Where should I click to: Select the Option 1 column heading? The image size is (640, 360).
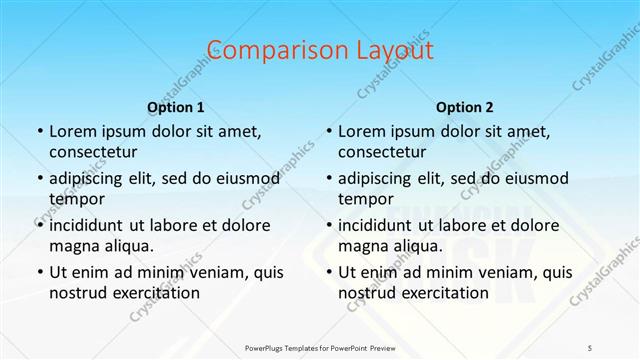176,107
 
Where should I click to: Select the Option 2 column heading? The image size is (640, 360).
465,107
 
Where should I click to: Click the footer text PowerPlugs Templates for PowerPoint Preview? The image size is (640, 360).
320,345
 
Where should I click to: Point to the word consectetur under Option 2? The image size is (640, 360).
382,152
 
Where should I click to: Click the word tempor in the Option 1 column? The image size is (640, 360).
75,199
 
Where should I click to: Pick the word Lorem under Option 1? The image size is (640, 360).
71,131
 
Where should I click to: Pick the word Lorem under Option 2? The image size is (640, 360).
360,131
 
